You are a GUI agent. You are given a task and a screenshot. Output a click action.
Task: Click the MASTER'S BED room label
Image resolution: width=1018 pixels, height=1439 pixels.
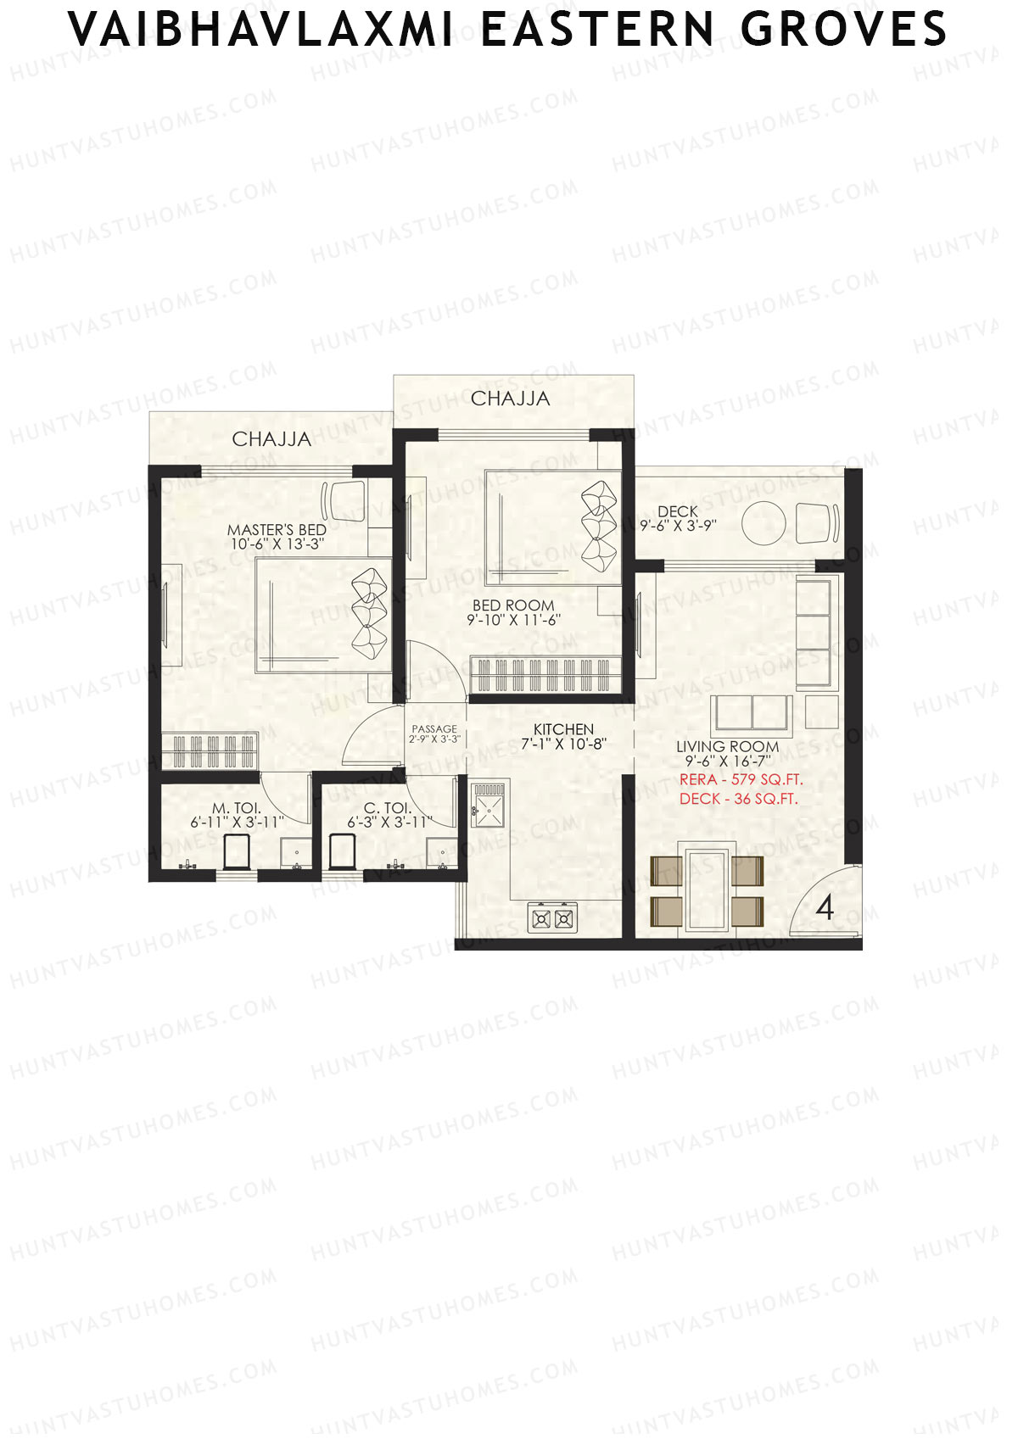coord(277,530)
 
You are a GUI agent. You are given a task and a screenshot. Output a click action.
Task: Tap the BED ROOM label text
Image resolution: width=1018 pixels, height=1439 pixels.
coord(513,605)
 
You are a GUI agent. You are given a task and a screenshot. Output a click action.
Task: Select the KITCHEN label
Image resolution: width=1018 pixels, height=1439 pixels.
coord(563,729)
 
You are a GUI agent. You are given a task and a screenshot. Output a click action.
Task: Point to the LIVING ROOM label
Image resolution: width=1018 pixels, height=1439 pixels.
coord(727,747)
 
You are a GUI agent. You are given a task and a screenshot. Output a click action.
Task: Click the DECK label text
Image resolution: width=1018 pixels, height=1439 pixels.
coord(678,511)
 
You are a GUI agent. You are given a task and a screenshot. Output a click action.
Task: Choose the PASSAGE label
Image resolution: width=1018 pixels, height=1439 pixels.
coord(434,729)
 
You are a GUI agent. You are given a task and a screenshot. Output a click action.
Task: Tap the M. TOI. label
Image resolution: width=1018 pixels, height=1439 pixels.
coord(237,809)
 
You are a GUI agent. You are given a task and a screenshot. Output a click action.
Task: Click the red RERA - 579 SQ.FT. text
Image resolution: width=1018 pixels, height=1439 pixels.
coord(741,779)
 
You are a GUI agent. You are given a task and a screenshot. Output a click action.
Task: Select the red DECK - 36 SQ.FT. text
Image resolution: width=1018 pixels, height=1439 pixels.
coord(738,799)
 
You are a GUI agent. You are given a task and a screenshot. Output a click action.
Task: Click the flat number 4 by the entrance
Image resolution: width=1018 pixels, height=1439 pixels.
coord(825,908)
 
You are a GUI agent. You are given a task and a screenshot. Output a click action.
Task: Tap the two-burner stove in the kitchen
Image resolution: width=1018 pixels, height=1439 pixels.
coord(552,918)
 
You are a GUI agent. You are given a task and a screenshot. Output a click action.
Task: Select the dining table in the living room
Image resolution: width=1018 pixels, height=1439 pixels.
coord(708,885)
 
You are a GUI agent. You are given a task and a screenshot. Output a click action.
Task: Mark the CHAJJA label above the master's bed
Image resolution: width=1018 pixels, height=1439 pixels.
coord(271,439)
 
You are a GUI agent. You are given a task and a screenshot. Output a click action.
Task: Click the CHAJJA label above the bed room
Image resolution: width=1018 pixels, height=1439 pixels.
coord(510,399)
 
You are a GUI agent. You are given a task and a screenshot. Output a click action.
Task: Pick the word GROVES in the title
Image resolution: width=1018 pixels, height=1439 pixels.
coord(843,30)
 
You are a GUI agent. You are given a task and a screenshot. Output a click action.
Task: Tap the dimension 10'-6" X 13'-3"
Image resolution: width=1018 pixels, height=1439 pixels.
coord(277,544)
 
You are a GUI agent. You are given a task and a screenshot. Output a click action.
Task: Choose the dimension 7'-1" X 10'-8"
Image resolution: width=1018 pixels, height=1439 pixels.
coord(563,745)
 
